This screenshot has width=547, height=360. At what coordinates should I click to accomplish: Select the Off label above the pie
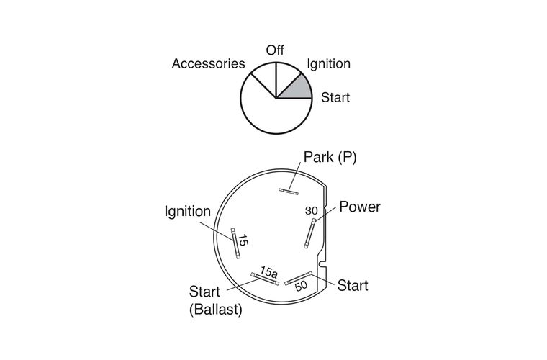[x=275, y=50]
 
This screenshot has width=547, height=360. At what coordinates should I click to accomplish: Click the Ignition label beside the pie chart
[x=328, y=64]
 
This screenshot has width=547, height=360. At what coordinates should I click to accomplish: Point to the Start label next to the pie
[x=335, y=96]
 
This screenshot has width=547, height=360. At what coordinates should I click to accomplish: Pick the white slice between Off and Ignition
[x=286, y=77]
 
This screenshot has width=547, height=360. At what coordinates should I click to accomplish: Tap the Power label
[x=359, y=207]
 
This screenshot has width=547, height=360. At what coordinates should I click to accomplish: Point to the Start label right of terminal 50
[x=352, y=286]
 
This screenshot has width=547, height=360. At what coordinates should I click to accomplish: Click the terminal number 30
[x=311, y=211]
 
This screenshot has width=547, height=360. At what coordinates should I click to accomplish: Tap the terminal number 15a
[x=268, y=271]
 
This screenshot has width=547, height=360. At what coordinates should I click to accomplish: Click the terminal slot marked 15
[x=235, y=243]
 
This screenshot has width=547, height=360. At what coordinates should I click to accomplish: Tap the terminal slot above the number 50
[x=298, y=278]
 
